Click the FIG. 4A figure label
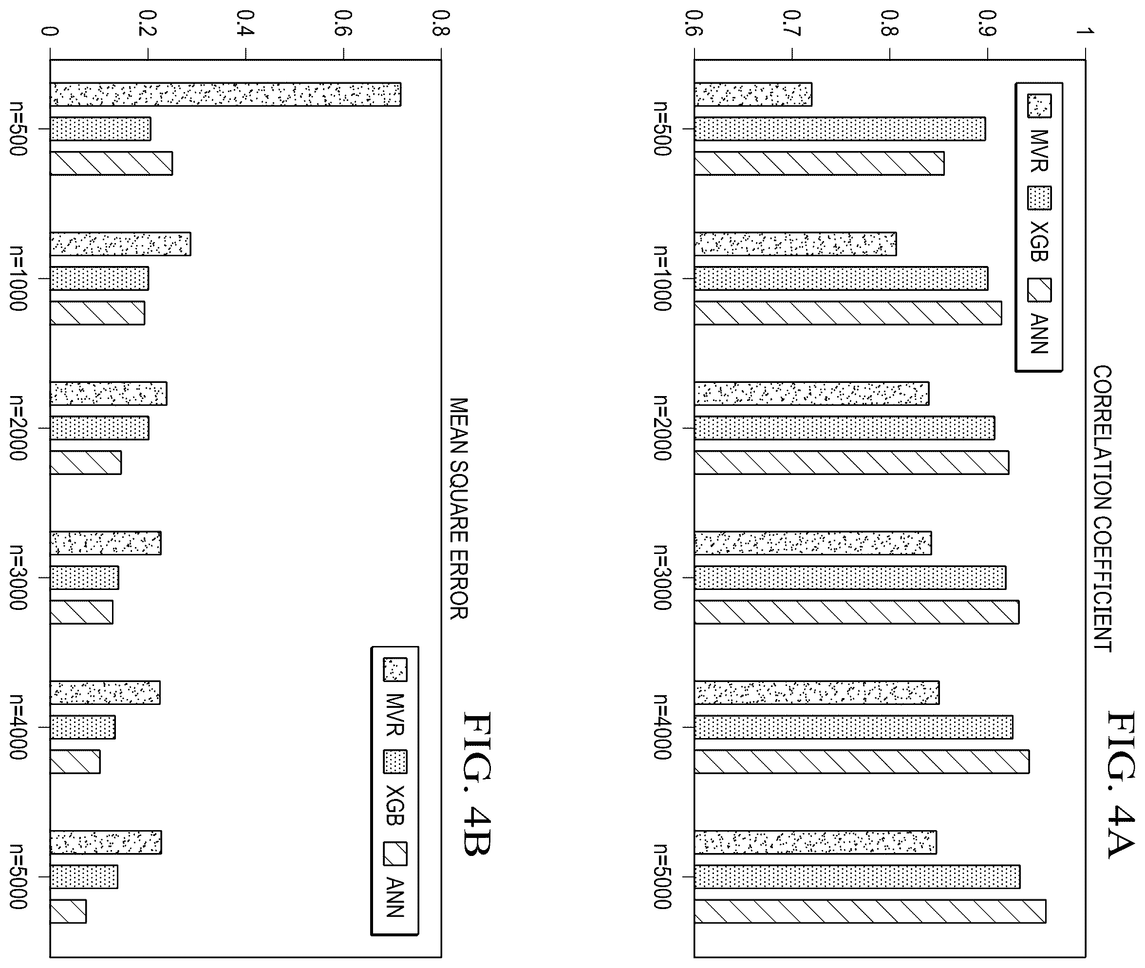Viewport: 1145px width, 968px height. click(x=1120, y=785)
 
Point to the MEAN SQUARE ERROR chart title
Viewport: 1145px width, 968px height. click(x=458, y=509)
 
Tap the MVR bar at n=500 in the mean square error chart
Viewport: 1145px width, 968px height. click(x=225, y=95)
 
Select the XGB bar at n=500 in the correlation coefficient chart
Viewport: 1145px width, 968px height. click(x=840, y=129)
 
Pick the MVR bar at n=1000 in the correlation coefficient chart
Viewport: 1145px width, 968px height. click(x=795, y=244)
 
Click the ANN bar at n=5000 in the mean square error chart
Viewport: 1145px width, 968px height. click(x=68, y=911)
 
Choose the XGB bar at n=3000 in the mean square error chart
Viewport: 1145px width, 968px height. click(x=84, y=578)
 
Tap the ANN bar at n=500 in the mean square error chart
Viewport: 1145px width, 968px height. click(x=112, y=164)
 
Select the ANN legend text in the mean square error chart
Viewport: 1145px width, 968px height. click(x=395, y=897)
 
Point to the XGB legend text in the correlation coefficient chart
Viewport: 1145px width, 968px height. click(x=1039, y=242)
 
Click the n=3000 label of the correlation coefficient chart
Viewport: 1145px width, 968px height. click(x=662, y=577)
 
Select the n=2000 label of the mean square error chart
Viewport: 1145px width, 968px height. click(x=18, y=427)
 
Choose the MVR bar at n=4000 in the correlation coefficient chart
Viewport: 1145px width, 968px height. click(x=817, y=693)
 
